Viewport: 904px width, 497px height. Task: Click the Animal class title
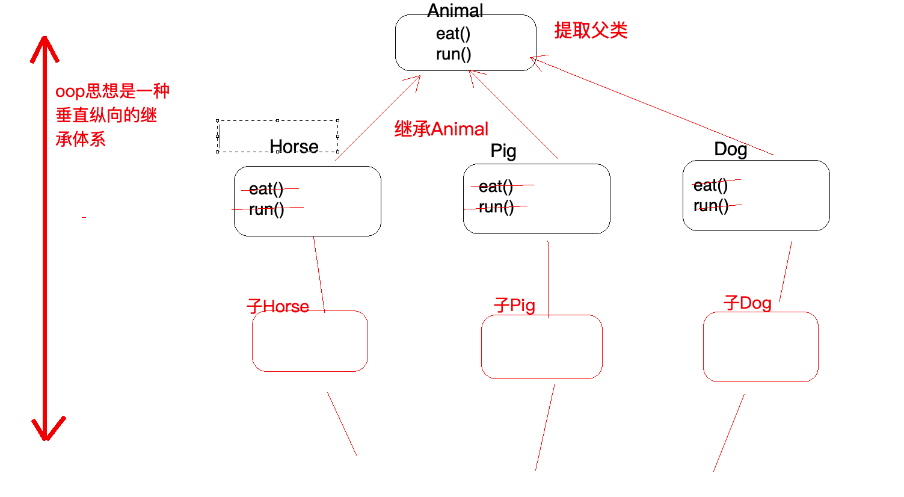coord(455,11)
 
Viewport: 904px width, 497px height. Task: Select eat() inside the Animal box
coord(453,34)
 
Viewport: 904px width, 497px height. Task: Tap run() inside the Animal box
coord(453,54)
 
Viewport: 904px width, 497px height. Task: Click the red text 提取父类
coord(591,30)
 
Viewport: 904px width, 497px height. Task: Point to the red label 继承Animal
coord(441,129)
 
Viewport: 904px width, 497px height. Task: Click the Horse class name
coord(294,146)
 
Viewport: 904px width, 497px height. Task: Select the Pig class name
coord(503,150)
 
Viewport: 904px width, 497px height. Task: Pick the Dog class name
coord(730,149)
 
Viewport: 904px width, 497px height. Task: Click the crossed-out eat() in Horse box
coord(266,189)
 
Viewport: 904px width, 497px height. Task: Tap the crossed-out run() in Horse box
coord(266,209)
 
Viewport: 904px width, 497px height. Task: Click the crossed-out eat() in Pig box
coord(496,187)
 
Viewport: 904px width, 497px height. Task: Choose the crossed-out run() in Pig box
coord(496,207)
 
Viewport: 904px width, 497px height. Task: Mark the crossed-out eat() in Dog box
coord(710,185)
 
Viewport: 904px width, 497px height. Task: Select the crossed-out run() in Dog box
coord(710,206)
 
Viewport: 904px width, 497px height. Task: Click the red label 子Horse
coord(278,306)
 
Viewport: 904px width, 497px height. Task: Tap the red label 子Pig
coord(514,305)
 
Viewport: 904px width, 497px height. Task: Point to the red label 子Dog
coord(748,303)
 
